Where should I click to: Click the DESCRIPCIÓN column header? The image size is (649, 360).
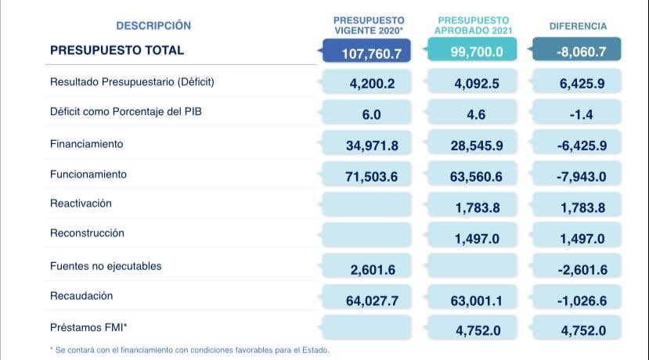153,26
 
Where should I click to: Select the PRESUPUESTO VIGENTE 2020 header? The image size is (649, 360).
369,25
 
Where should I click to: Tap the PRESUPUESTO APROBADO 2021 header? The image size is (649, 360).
473,25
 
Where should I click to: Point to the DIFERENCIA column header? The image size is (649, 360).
578,26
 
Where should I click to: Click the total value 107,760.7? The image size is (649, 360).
371,53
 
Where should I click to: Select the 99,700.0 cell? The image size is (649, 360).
476,52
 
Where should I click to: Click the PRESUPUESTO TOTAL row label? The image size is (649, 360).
117,50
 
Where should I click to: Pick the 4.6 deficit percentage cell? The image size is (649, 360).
476,114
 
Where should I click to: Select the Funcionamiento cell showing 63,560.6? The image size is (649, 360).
476,177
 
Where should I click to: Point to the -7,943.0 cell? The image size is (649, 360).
581,177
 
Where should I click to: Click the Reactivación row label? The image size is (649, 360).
81,203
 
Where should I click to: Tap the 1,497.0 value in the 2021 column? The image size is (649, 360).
476,239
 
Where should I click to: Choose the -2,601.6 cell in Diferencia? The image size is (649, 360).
581,270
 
